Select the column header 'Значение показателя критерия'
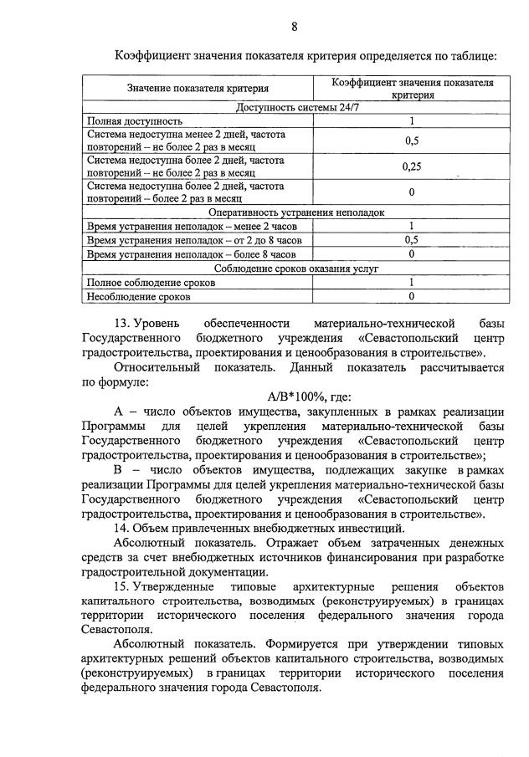click(x=198, y=89)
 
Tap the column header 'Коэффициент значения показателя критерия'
click(x=412, y=89)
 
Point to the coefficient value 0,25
click(x=411, y=166)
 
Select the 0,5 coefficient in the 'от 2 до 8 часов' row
click(x=411, y=240)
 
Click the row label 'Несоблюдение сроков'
click(x=139, y=296)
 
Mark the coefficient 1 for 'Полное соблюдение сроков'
click(x=411, y=283)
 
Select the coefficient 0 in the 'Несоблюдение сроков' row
click(x=411, y=296)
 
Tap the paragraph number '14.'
click(x=124, y=528)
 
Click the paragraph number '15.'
click(x=124, y=587)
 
